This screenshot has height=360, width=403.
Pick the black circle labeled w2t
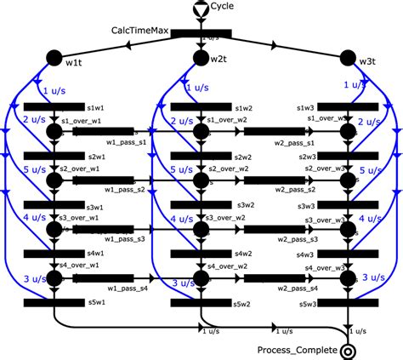click(x=201, y=58)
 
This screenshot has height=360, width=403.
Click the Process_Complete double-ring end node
click(x=347, y=350)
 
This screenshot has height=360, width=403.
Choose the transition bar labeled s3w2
click(x=201, y=205)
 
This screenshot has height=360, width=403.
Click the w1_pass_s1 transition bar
click(x=122, y=132)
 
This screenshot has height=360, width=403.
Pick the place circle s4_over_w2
click(x=201, y=278)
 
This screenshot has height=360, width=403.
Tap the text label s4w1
click(x=98, y=254)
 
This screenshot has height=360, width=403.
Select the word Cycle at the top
click(x=224, y=7)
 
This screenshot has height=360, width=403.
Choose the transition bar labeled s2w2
click(x=201, y=157)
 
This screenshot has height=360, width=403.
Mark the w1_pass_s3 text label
click(x=127, y=239)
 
